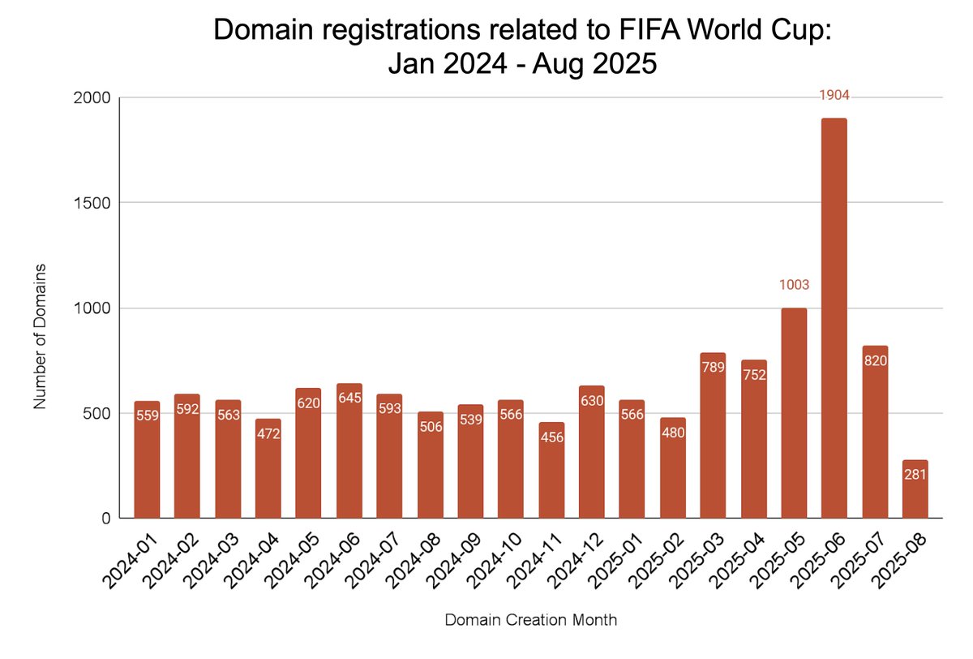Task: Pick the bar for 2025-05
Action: [794, 413]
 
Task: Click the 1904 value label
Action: [834, 96]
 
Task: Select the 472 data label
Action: [268, 433]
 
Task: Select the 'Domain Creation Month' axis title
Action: [530, 620]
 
